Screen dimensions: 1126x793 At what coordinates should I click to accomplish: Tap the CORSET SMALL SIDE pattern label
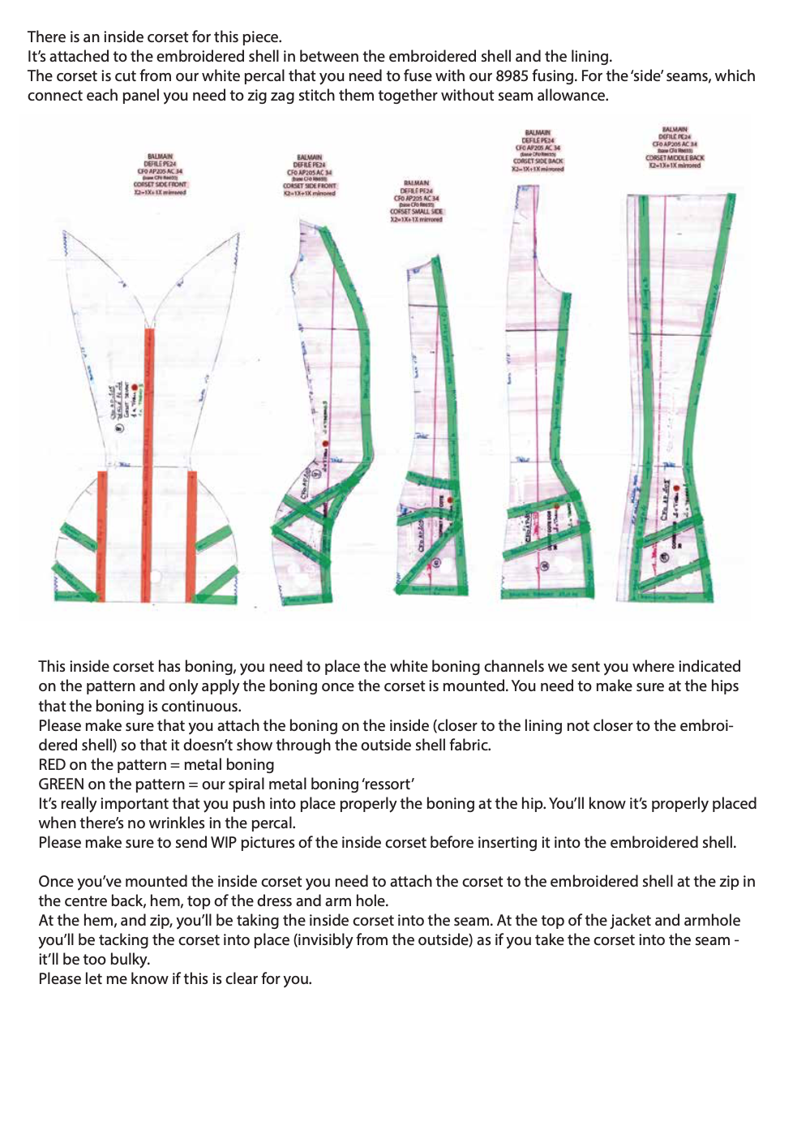pyautogui.click(x=416, y=211)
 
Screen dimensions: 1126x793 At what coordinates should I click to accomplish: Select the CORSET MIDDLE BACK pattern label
pyautogui.click(x=675, y=158)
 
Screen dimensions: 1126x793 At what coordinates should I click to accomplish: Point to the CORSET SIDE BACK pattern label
pyautogui.click(x=538, y=161)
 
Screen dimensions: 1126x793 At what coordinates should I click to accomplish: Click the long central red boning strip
pyautogui.click(x=149, y=454)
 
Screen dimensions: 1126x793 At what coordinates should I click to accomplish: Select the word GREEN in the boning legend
pyautogui.click(x=61, y=784)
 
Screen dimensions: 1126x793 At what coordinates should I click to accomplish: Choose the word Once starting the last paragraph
pyautogui.click(x=57, y=882)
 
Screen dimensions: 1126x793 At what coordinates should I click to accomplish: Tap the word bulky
pyautogui.click(x=129, y=960)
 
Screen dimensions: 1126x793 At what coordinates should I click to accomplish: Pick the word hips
pyautogui.click(x=722, y=686)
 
